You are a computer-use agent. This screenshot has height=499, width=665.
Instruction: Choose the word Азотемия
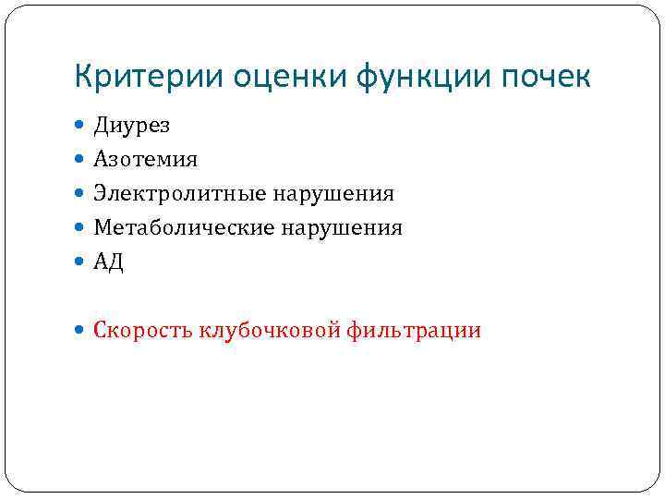point(145,160)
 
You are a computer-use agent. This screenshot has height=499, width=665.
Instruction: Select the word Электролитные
point(179,194)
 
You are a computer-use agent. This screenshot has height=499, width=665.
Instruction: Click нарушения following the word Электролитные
point(333,194)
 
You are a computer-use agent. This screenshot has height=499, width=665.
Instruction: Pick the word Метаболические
point(183,228)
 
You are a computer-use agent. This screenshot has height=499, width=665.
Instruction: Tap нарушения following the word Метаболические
point(342,228)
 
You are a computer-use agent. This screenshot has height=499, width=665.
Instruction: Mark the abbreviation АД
point(108,262)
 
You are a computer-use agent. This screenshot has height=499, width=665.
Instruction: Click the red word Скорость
point(142,331)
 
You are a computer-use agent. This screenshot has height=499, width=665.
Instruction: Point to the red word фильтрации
point(415,331)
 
